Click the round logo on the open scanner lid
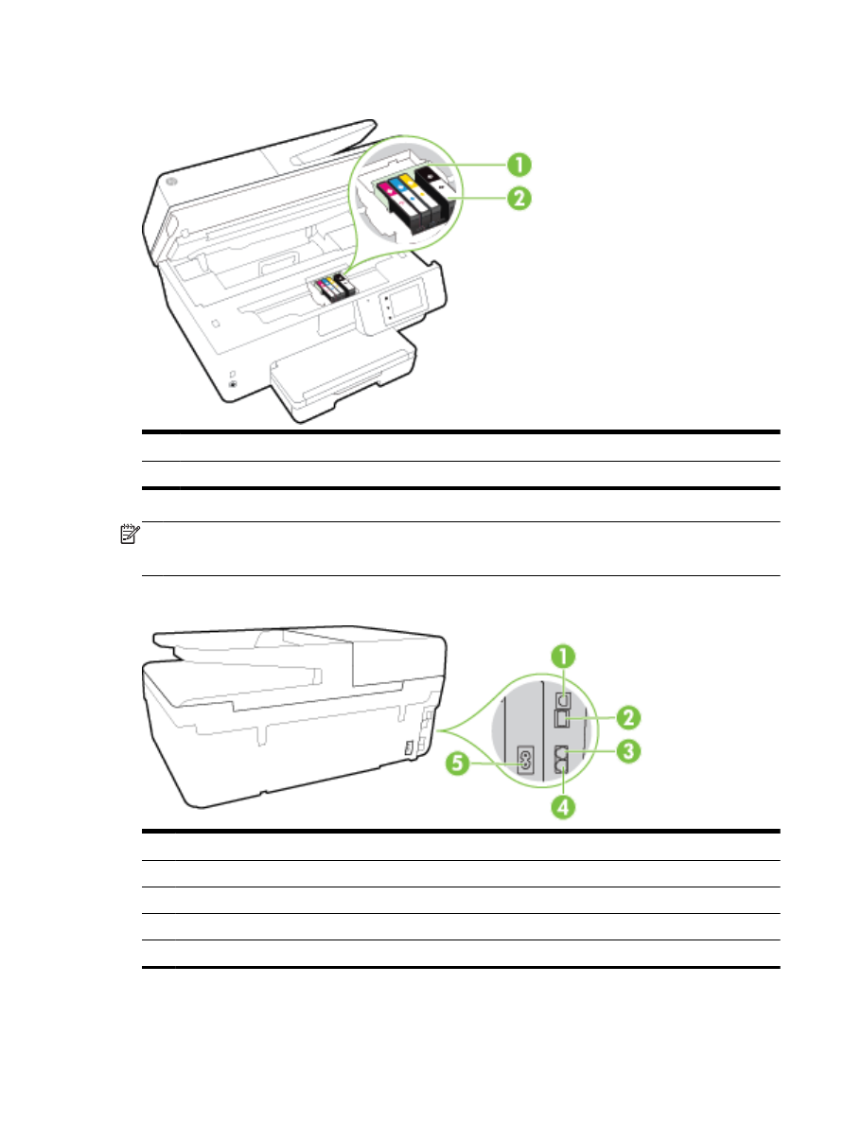170,182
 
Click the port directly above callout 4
564,754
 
